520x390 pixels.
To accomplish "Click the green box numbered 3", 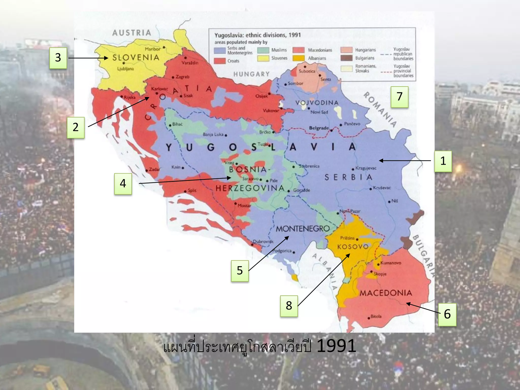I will (x=58, y=58).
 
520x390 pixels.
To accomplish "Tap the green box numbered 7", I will (x=399, y=97).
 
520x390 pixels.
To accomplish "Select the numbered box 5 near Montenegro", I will (x=240, y=271).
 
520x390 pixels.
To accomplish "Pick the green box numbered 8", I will (x=289, y=306).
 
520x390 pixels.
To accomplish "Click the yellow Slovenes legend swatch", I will (x=263, y=58).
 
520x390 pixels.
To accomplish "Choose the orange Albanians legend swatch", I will (x=298, y=58).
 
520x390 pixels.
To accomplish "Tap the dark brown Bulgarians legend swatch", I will (x=346, y=58).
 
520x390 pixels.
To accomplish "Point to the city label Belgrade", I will (x=319, y=128).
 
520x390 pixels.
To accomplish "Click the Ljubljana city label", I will (x=125, y=69).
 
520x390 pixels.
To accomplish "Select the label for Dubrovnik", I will (x=263, y=241).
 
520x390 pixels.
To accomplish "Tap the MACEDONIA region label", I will (x=386, y=293).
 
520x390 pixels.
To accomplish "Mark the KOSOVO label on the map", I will (x=353, y=247).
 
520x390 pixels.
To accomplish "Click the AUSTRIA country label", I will (x=132, y=33).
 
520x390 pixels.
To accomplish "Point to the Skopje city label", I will (x=380, y=274).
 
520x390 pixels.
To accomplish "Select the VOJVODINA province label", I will (x=317, y=103).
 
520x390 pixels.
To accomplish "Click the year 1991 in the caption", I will (x=336, y=346).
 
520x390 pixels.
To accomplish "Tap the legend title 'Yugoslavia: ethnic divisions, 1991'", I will (x=257, y=35).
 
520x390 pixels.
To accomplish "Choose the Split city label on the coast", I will (x=192, y=190).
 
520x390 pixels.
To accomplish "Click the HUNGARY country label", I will (x=251, y=74).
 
